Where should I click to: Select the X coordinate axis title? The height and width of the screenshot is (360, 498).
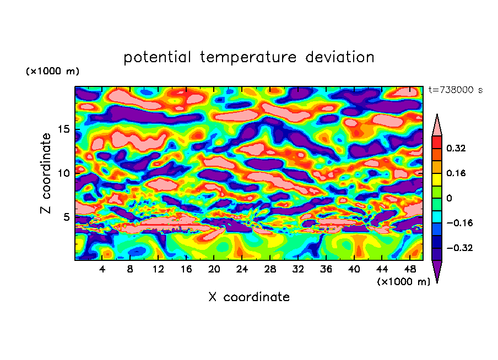249,297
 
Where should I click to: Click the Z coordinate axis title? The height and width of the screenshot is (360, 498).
46,173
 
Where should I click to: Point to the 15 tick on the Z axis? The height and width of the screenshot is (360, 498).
66,130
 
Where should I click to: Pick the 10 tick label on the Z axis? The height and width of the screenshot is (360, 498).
66,173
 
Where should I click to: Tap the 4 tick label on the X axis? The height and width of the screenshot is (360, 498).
102,270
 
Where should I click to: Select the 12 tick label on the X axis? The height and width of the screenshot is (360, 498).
159,270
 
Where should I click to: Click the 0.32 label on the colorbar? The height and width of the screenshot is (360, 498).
457,148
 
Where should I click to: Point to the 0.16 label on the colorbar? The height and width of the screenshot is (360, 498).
457,173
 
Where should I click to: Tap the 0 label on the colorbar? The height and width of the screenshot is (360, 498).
448,198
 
